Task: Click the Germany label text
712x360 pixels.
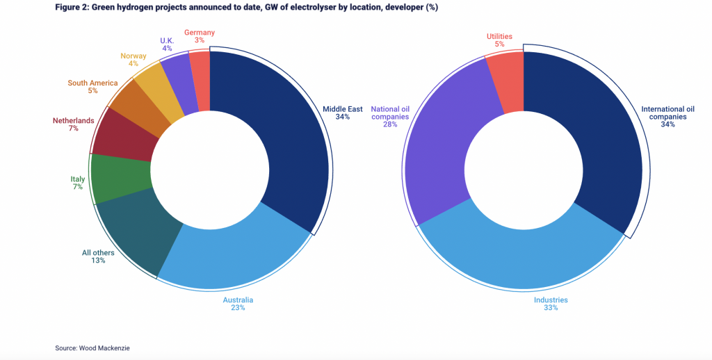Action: [x=198, y=32]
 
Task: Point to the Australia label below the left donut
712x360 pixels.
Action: [x=238, y=300]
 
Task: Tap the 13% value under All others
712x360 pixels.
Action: [x=98, y=261]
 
